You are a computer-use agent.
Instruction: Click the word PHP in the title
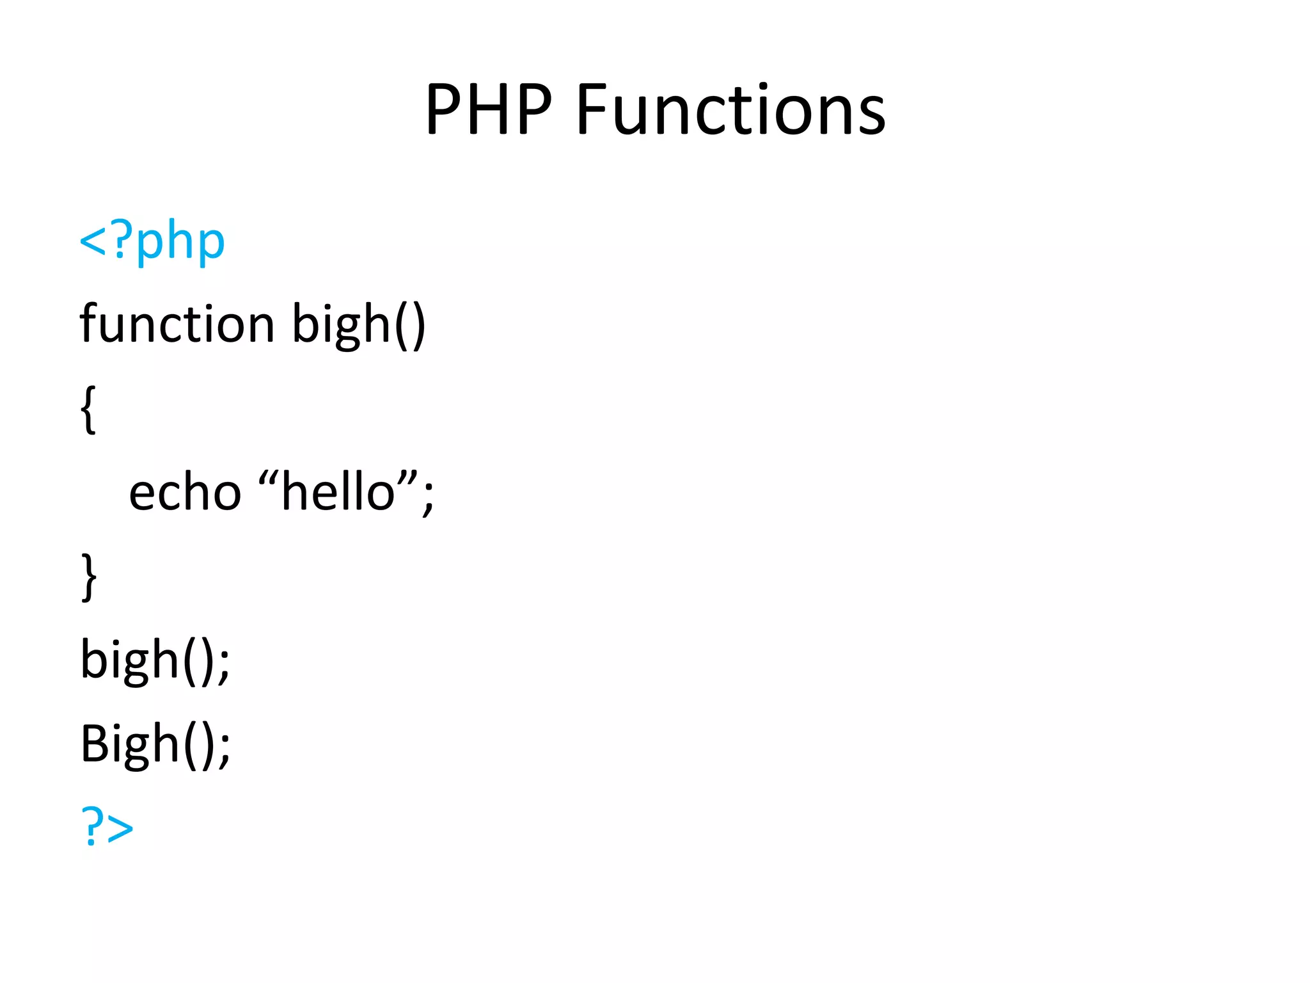coord(489,110)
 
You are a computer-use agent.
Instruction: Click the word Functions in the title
coord(730,110)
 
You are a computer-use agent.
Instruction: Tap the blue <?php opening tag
coord(152,242)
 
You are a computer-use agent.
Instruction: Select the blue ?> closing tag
coord(107,826)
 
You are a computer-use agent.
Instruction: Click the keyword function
coord(177,324)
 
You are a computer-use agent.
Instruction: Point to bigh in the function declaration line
coord(341,325)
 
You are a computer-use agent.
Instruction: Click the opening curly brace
coord(89,410)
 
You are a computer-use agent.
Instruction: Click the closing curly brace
coord(89,577)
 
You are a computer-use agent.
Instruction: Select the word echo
coord(185,493)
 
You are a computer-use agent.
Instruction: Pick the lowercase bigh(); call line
coord(155,660)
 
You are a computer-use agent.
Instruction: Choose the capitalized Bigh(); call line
coord(155,744)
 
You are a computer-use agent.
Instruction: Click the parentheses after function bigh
coord(410,325)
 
